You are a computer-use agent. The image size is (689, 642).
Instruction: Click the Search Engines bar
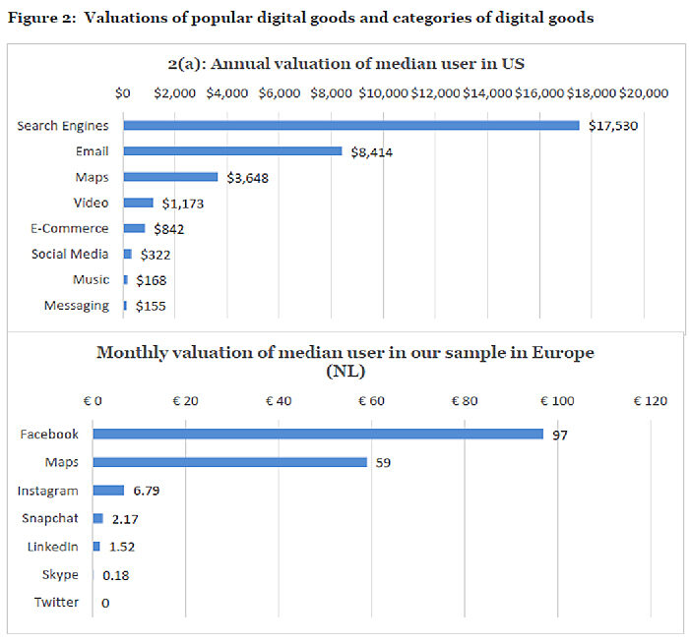[350, 126]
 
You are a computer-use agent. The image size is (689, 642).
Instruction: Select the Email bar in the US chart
[232, 151]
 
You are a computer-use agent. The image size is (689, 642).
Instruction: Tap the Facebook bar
[318, 434]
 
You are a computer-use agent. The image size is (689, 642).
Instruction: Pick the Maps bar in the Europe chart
[230, 462]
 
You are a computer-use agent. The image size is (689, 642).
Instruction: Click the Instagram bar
[108, 490]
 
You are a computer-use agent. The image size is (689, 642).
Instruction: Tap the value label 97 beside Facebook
[560, 435]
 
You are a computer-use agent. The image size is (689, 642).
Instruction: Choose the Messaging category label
[77, 306]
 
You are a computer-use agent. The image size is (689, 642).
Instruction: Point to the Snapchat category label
[50, 518]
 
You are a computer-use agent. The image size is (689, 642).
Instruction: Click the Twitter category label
[56, 602]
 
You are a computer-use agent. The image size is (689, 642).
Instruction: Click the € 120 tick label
[650, 401]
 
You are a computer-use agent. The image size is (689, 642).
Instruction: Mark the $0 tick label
[123, 93]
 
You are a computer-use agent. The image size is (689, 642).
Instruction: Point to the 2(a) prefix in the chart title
[188, 64]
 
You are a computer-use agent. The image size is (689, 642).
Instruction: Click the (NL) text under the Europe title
[344, 371]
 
